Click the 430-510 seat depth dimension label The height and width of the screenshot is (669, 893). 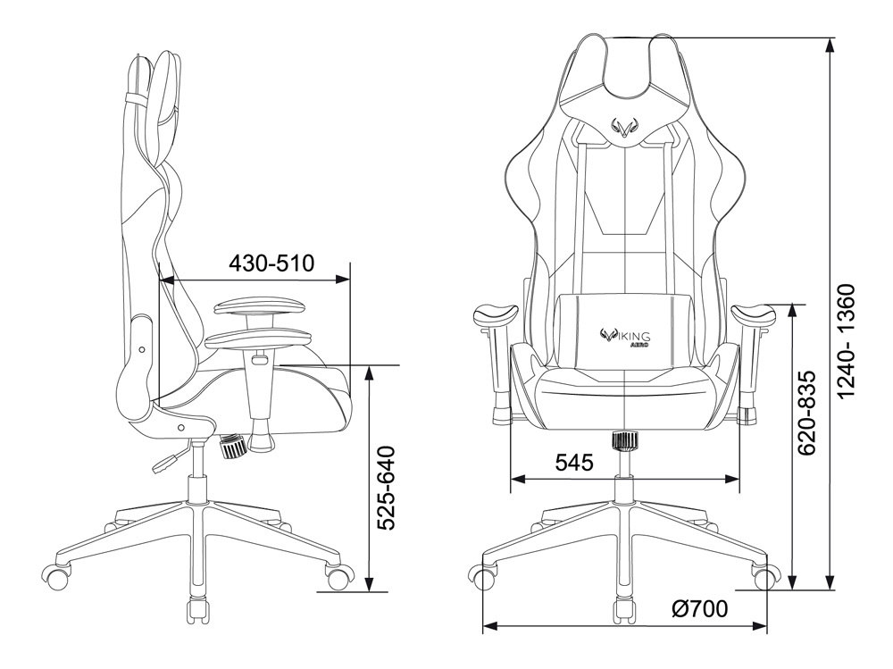(271, 263)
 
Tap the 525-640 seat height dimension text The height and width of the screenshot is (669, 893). (387, 489)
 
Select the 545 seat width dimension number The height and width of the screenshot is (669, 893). (574, 462)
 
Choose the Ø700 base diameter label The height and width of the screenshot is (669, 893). (699, 609)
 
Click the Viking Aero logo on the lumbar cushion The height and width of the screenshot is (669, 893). (626, 337)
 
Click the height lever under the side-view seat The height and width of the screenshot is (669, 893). (168, 459)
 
